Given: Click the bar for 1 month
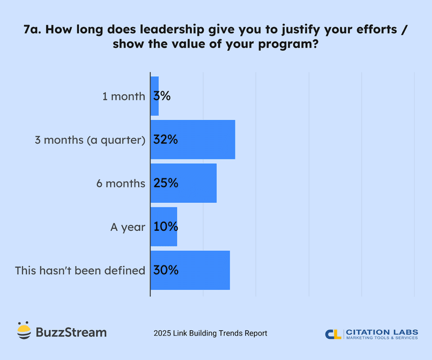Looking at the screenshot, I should pos(155,96).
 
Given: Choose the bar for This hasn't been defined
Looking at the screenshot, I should pos(205,270).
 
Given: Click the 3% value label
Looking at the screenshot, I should pos(162,96).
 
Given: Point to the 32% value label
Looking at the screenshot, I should pos(165,139).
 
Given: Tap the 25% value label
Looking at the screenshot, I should pos(165,183).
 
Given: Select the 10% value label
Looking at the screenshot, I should pos(165,226).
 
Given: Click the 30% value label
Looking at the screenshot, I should pos(165,270).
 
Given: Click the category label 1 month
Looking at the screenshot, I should pos(124,97).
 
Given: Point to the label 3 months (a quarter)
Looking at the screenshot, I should pos(90,140).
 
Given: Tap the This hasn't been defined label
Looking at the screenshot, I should pos(80,270).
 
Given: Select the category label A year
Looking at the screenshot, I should pos(127,227).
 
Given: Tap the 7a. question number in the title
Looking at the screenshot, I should pos(35,31).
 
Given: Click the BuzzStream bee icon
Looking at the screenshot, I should pos(23,331).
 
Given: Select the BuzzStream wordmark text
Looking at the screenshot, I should pos(71,332).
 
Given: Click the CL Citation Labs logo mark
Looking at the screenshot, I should pos(333,334).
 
